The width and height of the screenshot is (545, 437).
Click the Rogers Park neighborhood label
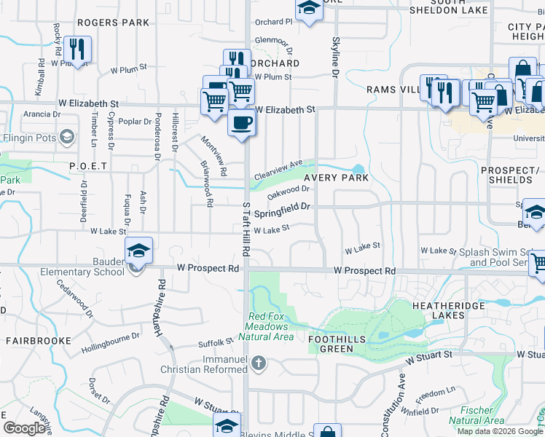coord(113,23)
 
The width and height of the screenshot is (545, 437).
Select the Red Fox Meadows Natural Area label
coord(271,326)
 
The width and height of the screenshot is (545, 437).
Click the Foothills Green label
coord(331,344)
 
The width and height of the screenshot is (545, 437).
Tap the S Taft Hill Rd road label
coord(246,230)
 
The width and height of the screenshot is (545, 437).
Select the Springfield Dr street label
coord(283,211)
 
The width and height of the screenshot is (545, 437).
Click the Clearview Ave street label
coord(278,172)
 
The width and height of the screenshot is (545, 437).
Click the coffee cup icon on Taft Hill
coord(242,122)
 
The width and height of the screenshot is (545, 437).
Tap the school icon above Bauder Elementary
coord(138,251)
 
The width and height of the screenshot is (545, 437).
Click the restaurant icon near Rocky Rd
coord(77,49)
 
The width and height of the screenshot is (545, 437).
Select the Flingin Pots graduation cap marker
coord(67,136)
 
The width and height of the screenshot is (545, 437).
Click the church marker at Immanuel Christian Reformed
coord(257,362)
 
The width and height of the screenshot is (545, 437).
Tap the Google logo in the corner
coord(25,428)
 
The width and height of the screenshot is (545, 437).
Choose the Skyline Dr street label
coord(336,58)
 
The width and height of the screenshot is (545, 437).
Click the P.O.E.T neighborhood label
coord(88,166)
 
